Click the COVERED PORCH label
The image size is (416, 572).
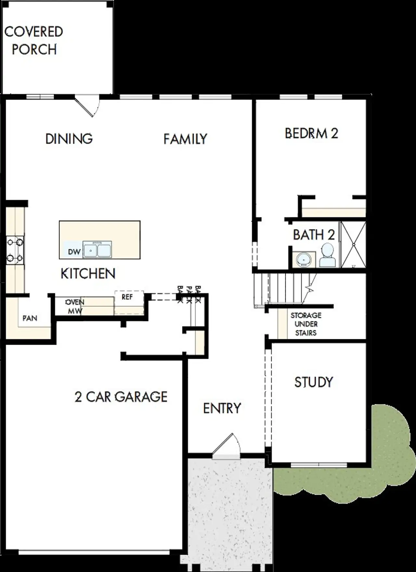point(33,41)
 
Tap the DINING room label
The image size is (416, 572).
point(69,139)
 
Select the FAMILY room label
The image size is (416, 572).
point(185,139)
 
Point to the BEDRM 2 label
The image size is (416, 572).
point(311,133)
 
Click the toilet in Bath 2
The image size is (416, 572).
point(327,255)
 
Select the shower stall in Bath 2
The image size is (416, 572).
point(353,245)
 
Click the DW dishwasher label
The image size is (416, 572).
point(74,252)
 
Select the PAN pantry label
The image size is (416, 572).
point(30,318)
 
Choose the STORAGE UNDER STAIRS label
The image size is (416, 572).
point(306,324)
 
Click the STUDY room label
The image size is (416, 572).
point(314,382)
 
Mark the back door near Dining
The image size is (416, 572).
point(87,106)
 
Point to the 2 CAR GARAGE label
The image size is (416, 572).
point(121,397)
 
